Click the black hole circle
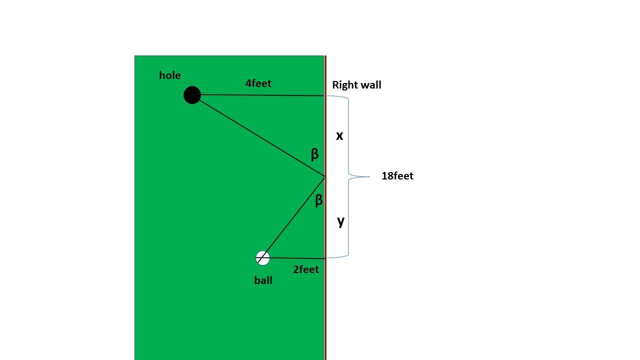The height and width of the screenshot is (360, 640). point(192,95)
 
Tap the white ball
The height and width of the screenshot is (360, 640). point(262,258)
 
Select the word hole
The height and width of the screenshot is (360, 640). point(169,75)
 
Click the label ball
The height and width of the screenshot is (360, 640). point(263,280)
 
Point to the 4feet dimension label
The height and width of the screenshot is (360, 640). point(258,83)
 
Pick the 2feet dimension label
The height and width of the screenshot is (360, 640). point(305,269)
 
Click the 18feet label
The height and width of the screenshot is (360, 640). point(397,175)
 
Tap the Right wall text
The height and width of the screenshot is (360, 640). point(356,85)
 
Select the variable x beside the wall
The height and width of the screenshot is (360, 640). point(339,136)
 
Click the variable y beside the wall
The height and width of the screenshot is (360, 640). point(341,221)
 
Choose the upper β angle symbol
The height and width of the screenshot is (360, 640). point(314,154)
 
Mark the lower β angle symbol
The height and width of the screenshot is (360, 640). point(319,200)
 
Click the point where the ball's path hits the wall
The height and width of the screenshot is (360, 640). point(324,177)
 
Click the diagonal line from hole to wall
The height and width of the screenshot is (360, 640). point(258,136)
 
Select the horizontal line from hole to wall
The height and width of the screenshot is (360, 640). point(258,95)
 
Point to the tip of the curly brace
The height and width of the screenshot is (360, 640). point(369,177)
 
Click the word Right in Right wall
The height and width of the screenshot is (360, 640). point(343,85)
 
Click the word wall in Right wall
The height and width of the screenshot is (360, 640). point(369,85)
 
